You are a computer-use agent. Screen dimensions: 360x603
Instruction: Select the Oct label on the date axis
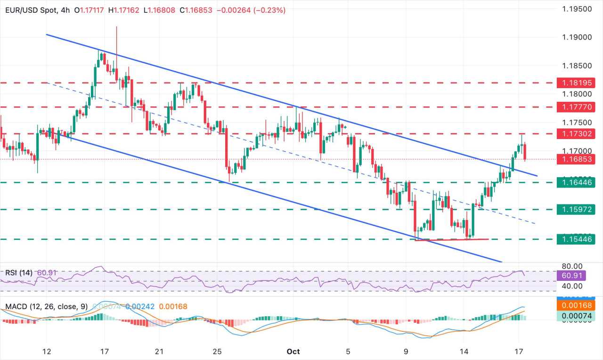point(293,352)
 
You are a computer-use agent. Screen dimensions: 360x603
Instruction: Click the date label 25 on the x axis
point(217,352)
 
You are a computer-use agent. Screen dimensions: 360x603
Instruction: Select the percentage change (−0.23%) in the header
point(267,10)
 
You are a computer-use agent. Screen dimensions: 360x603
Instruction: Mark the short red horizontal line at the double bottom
point(451,240)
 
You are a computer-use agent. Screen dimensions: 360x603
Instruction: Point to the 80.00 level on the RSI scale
point(571,266)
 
